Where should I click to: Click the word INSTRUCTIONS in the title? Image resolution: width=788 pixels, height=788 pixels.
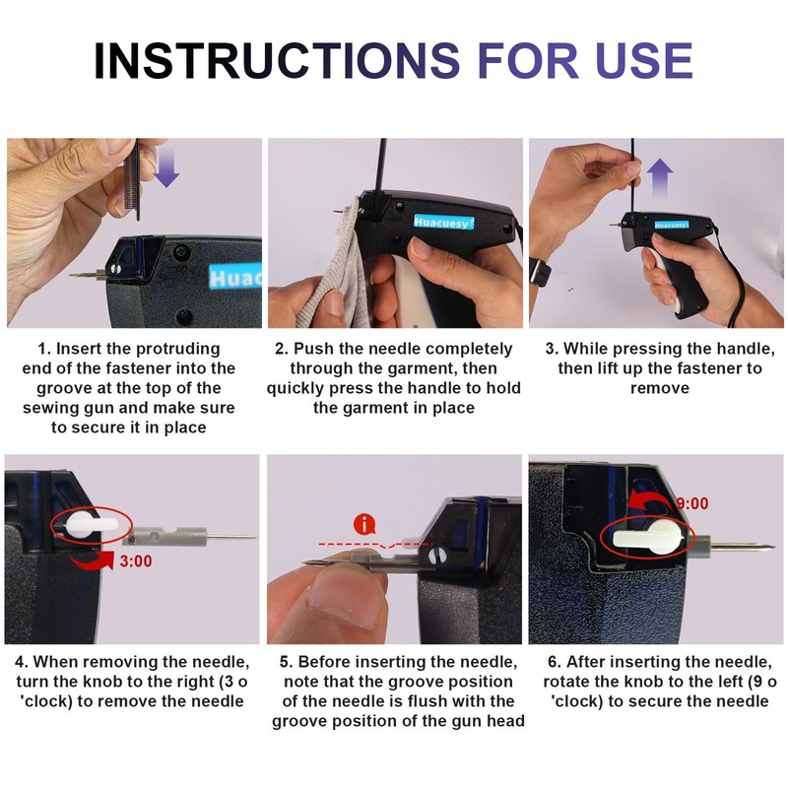coord(277,60)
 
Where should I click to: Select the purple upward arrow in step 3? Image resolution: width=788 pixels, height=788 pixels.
coord(659,178)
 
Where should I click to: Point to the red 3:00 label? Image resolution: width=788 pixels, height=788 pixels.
coord(136,560)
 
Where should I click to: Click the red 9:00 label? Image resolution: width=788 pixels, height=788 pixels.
coord(692,503)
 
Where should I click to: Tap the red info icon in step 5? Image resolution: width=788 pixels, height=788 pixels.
coord(364,525)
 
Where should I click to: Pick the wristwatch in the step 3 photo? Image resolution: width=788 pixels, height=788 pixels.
coord(540,272)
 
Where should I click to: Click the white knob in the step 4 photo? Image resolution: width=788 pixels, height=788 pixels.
coord(86,525)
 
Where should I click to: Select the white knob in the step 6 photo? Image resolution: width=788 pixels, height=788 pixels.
coord(648,537)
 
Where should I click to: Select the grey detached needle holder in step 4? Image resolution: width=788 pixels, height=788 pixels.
coord(164,536)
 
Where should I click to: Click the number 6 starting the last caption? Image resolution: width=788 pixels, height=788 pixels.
coord(553,661)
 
